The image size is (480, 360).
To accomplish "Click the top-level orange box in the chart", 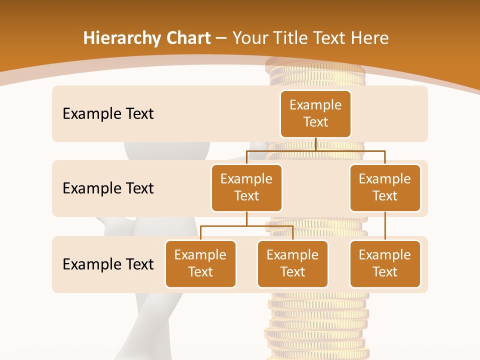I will click(315, 113).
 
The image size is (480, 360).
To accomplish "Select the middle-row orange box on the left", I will click(246, 187).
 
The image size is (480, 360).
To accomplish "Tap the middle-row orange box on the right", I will click(385, 187).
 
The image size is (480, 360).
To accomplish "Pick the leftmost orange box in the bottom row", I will click(200, 263).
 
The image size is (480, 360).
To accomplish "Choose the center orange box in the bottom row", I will click(292, 263).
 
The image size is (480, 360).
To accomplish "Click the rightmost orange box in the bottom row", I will click(385, 263).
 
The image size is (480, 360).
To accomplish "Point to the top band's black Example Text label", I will click(108, 114).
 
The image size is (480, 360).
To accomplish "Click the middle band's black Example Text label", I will click(108, 188).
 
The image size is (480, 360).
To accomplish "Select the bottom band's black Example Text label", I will click(108, 264).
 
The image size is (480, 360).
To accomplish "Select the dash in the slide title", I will click(221, 38).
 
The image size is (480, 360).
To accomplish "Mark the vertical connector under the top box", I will click(315, 144).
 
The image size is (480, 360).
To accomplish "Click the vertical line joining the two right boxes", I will click(385, 226).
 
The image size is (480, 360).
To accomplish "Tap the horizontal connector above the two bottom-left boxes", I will click(246, 226).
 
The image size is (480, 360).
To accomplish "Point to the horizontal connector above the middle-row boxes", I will click(315, 150).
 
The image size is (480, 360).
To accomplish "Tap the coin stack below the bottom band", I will click(316, 325).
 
